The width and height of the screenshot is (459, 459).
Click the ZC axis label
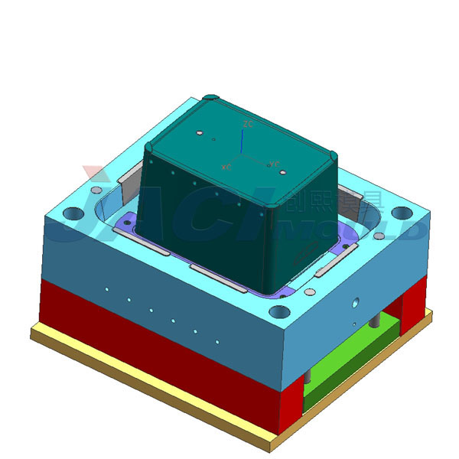pos(248,123)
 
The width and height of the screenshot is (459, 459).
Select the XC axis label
pos(226,166)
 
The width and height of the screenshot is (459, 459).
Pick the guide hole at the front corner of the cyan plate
pos(281,312)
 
